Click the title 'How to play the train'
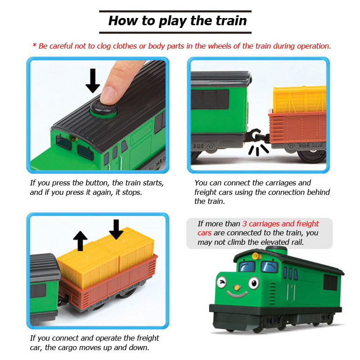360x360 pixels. pos(177,21)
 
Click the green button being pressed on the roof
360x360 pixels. pos(103,108)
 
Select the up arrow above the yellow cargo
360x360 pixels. pos(81,241)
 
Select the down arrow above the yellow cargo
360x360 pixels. pos(116,229)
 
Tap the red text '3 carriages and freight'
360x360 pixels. pos(280,224)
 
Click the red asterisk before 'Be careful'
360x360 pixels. pos(34,46)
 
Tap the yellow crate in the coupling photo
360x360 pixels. pos(299,100)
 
